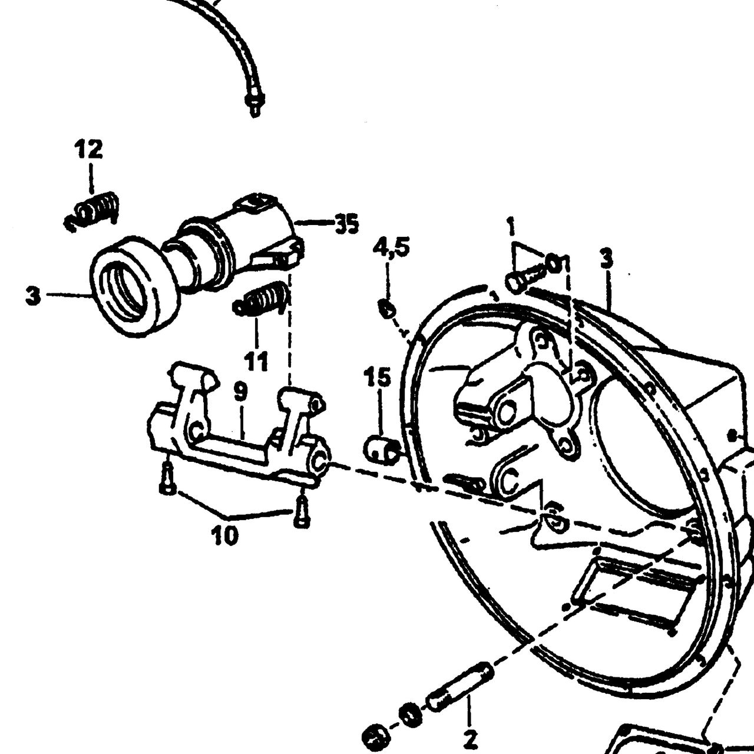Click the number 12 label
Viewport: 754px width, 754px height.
click(89, 149)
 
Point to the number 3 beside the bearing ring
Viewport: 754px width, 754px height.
click(33, 296)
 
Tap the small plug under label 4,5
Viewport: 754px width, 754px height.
click(387, 309)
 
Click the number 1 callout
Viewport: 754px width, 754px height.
click(511, 228)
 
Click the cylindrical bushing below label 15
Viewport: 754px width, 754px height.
click(381, 450)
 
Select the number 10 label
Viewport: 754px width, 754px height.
click(224, 535)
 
